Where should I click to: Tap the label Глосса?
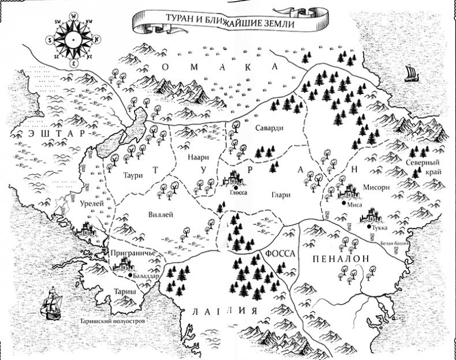tap(237, 194)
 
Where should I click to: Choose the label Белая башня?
tap(395, 244)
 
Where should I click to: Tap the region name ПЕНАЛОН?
tap(340, 259)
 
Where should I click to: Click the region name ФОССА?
tap(281, 254)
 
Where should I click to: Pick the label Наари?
tap(197, 157)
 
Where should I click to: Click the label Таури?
tap(132, 171)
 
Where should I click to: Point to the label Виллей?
tap(163, 215)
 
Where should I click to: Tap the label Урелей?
tap(91, 204)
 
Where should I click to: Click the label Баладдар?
tap(145, 276)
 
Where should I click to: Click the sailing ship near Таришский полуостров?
tap(51, 304)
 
